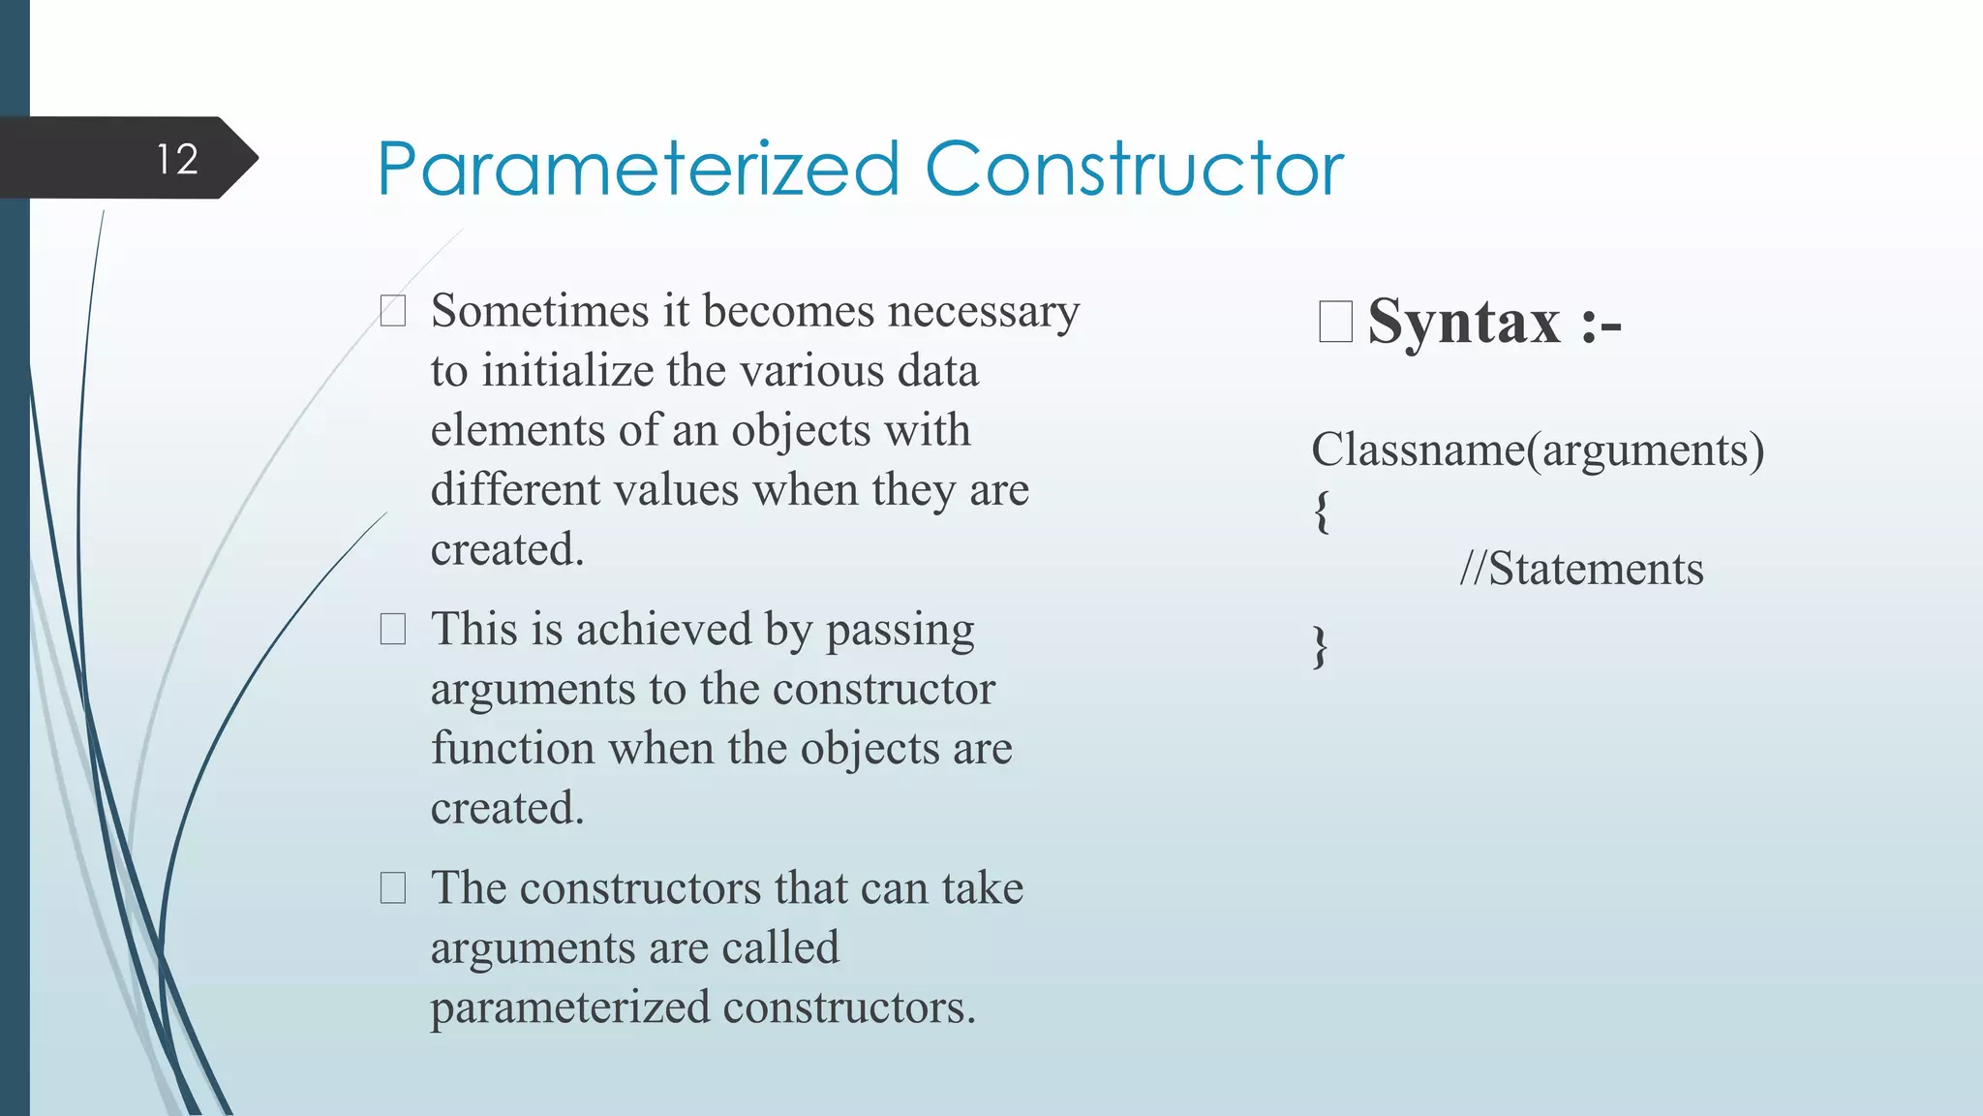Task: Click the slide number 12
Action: pos(177,159)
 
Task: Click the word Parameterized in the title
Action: pos(638,170)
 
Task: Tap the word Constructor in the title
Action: pos(1134,170)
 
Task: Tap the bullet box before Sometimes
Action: pos(393,311)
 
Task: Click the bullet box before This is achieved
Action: pos(393,630)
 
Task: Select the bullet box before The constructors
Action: pos(393,887)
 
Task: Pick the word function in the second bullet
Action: pos(512,749)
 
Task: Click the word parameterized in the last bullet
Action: pos(570,1008)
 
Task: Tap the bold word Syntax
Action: pos(1464,323)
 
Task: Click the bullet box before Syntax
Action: pos(1335,322)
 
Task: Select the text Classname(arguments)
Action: pos(1537,450)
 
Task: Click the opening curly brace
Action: pos(1321,511)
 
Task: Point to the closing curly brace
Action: pos(1320,646)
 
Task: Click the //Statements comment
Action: pos(1581,569)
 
